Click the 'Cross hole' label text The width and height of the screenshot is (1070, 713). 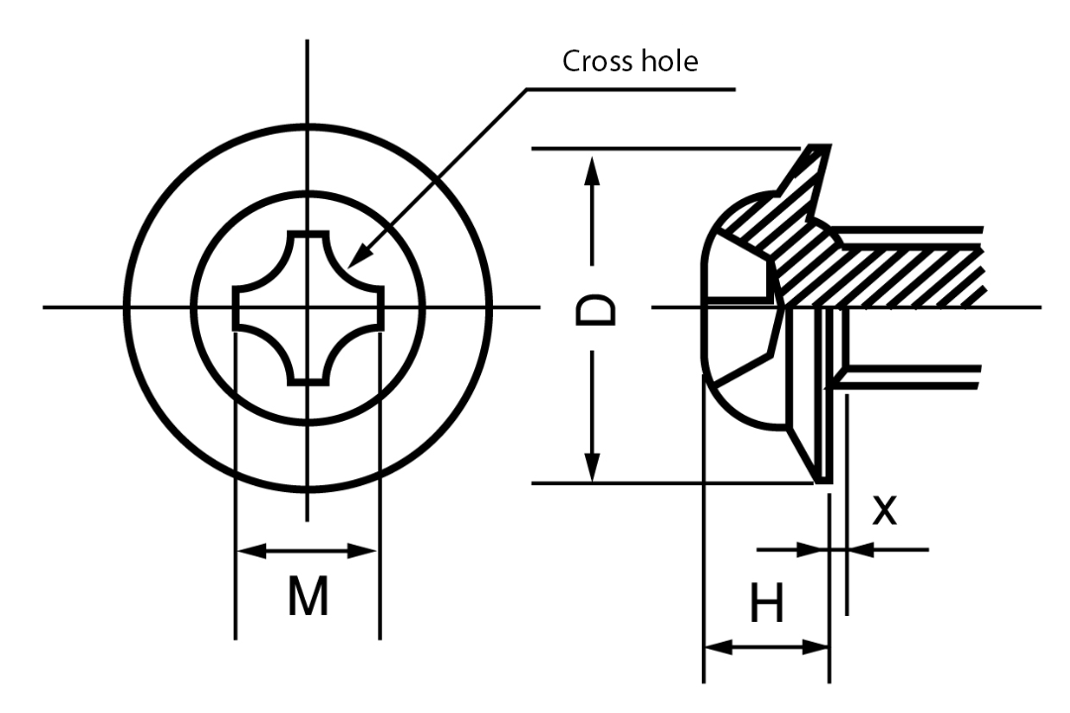[630, 61]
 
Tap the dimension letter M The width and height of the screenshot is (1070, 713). [308, 596]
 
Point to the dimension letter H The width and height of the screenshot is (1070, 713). [766, 604]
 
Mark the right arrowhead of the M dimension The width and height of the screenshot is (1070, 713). [367, 551]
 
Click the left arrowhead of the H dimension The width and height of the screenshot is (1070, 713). [715, 648]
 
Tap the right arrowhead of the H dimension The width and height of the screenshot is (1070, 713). [817, 648]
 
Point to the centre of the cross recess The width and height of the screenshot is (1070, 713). [308, 307]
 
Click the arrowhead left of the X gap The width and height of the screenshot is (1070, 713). [817, 549]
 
